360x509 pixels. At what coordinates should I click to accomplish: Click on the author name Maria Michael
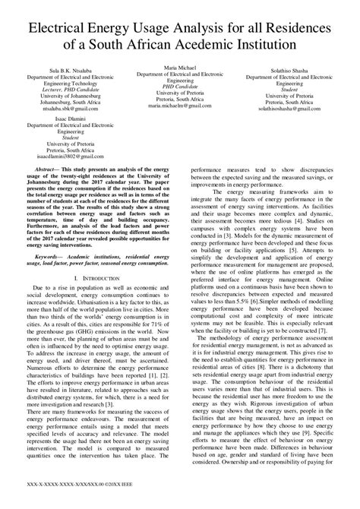pyautogui.click(x=181, y=68)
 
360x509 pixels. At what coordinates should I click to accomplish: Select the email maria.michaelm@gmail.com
pyautogui.click(x=181, y=107)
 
